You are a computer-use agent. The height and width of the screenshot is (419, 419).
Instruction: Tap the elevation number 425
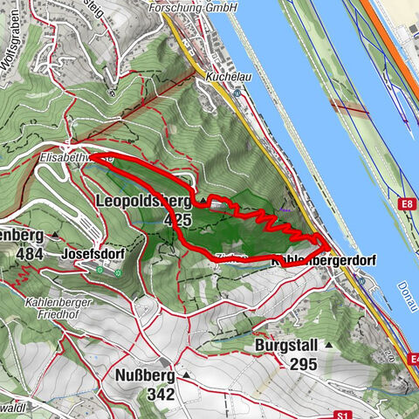(x=177, y=220)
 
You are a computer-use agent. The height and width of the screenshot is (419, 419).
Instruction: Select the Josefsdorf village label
(x=92, y=254)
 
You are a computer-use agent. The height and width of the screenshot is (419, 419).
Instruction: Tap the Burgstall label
(x=287, y=346)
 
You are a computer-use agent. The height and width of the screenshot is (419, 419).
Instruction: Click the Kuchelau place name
(x=223, y=77)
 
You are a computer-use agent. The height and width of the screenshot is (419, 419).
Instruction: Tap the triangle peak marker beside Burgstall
(x=329, y=346)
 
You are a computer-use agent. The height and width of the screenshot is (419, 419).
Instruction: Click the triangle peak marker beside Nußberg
(x=187, y=375)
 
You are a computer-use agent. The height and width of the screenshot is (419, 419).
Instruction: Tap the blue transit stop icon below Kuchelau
(x=237, y=98)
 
